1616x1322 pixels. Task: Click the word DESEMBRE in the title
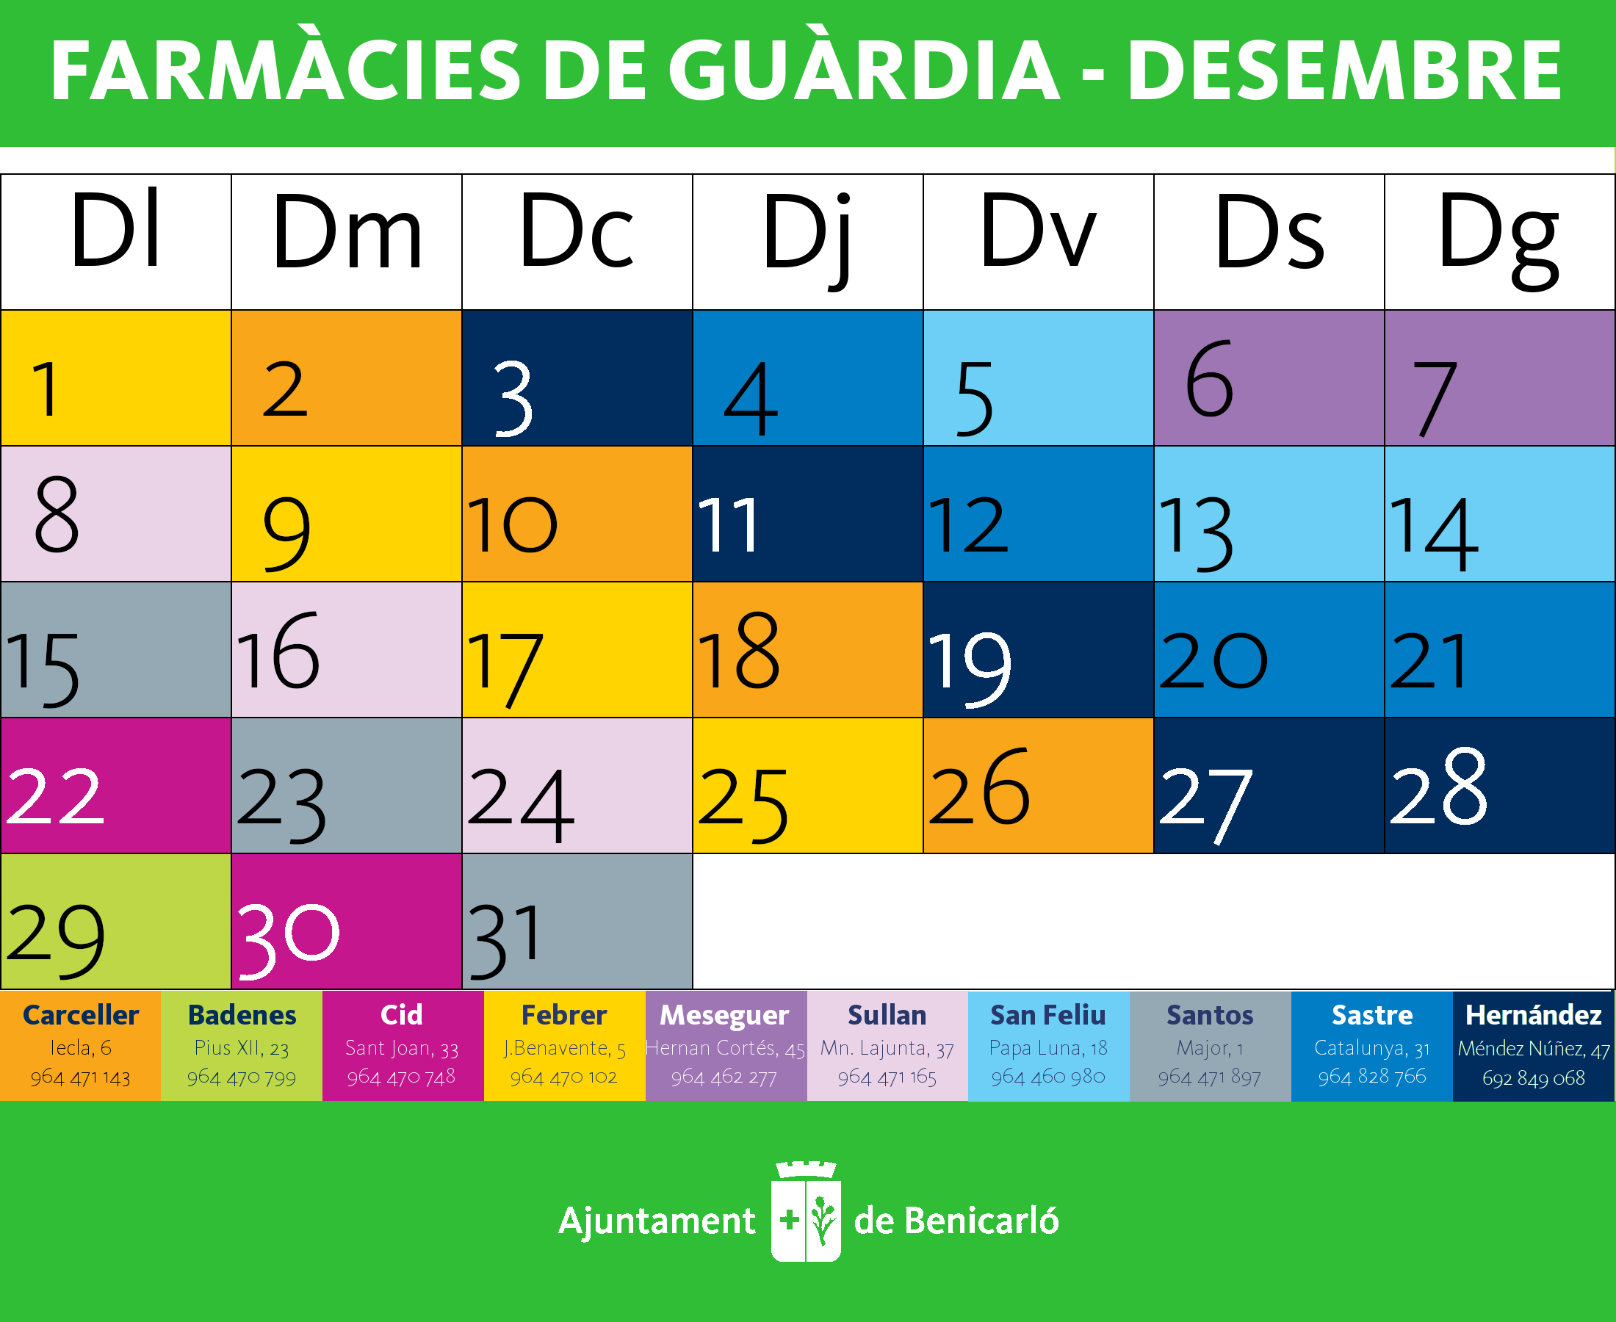pos(1344,71)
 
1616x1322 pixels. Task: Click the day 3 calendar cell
pos(577,378)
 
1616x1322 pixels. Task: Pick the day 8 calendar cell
pos(116,514)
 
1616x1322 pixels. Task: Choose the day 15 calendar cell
pos(116,649)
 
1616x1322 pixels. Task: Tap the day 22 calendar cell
pos(116,785)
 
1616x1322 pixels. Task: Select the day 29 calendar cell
pos(116,922)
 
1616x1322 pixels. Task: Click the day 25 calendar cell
pos(807,785)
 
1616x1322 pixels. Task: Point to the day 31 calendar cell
pos(577,922)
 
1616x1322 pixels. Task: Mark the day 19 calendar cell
pos(1038,649)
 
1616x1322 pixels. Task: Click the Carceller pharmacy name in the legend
pos(81,1015)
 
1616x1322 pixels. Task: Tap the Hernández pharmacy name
pos(1533,1015)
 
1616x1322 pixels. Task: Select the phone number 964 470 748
pos(401,1077)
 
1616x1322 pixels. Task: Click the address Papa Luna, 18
pos(1048,1048)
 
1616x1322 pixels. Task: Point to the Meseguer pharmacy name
pos(724,1015)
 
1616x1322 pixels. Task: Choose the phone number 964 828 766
pos(1371,1077)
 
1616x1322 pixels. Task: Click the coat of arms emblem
pos(806,1212)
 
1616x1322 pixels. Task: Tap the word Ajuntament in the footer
pos(657,1221)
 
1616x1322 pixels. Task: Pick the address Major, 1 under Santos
pos(1209,1048)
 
